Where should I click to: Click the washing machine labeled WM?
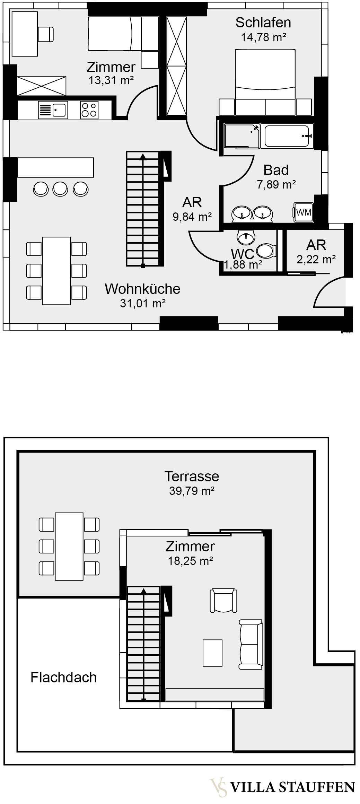(304, 212)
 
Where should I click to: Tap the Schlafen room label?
(263, 23)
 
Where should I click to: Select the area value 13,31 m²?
(111, 80)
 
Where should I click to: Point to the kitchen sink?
(53, 110)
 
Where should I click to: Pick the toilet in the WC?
(266, 251)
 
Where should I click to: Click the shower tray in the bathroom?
(242, 136)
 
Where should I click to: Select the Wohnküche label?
(142, 289)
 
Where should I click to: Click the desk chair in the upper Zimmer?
(46, 34)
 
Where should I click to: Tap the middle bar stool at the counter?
(61, 189)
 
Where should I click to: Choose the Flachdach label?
(63, 678)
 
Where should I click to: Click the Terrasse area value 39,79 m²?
(192, 491)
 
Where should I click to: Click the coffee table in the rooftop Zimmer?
(212, 653)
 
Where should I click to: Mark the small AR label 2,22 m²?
(316, 259)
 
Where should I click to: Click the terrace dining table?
(69, 547)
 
